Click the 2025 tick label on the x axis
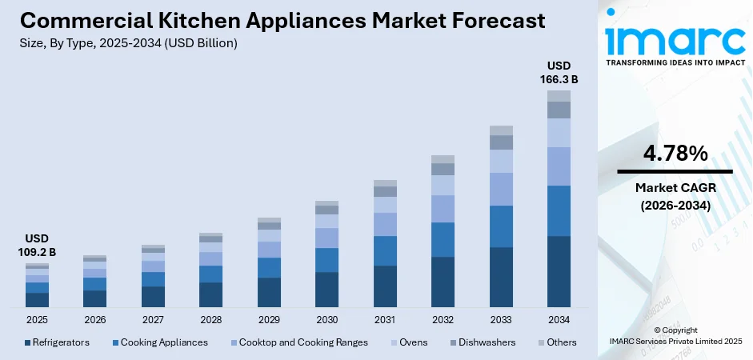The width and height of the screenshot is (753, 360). pos(37,320)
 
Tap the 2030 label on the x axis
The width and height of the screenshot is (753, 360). pos(326,320)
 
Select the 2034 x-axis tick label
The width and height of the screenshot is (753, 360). pos(559,320)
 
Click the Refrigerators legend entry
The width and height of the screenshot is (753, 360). pos(57,342)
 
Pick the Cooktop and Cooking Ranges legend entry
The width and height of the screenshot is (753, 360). pos(295,342)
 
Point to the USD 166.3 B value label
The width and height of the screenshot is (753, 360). pos(559,72)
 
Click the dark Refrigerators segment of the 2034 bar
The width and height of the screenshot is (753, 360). pos(559,271)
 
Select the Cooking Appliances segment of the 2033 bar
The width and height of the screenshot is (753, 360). pos(501,226)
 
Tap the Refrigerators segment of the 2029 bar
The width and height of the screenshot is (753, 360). pos(269,292)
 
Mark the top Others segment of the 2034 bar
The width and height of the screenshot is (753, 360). pos(559,95)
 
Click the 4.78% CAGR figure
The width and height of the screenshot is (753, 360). pos(675,154)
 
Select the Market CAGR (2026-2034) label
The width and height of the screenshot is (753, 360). pos(675,196)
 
